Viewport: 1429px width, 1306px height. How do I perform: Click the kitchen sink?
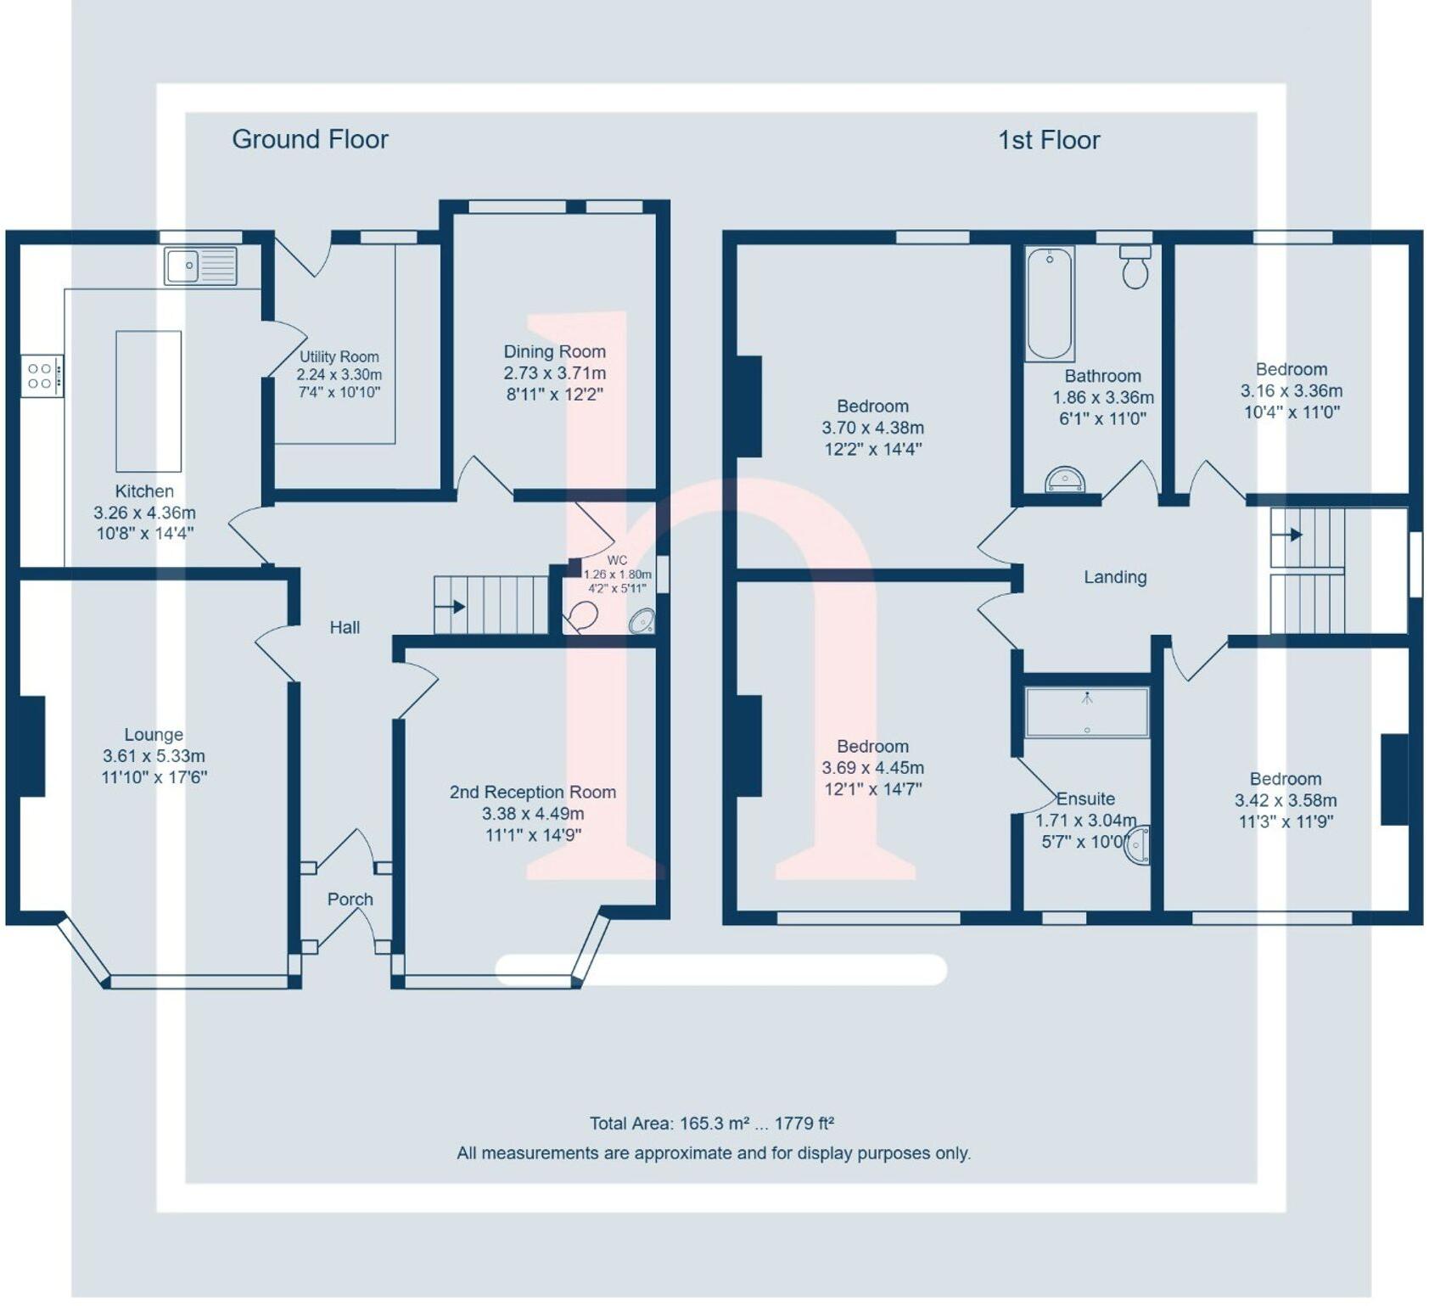tap(200, 266)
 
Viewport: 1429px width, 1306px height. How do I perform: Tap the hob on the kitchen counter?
tap(41, 376)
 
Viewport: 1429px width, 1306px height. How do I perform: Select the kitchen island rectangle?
tap(149, 401)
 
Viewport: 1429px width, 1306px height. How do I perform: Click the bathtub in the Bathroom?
tap(1050, 303)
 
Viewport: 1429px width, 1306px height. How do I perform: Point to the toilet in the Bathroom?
tap(1135, 267)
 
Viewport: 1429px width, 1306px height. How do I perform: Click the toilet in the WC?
tap(582, 617)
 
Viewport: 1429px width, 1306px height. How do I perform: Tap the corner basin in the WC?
tap(642, 621)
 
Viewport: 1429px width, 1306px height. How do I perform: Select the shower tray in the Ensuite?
tap(1087, 712)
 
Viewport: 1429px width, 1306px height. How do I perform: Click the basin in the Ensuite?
tap(1139, 844)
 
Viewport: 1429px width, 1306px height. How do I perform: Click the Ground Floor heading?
tap(310, 139)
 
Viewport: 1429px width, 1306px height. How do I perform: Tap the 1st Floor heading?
tap(1049, 140)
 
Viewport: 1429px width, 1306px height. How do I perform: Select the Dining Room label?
tap(554, 351)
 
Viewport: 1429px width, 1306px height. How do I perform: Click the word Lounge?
tap(154, 735)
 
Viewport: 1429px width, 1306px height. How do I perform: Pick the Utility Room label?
tap(339, 357)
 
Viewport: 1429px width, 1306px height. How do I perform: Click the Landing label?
tap(1115, 577)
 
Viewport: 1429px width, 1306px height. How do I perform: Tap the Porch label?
tap(350, 900)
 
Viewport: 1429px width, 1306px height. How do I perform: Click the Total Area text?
tap(711, 1124)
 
